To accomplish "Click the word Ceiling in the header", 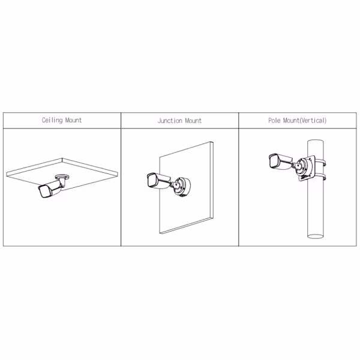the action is (x=52, y=120).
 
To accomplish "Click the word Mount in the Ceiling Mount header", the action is (x=73, y=120).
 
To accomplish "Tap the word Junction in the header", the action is (x=170, y=121).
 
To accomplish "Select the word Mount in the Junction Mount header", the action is (x=193, y=121).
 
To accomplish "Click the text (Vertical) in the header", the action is (x=313, y=121).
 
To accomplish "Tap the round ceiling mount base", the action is (x=62, y=176).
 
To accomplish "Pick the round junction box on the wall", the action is (x=182, y=187).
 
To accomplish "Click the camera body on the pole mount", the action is (x=280, y=161).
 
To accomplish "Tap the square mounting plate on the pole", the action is (x=307, y=168).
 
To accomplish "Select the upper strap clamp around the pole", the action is (x=321, y=162).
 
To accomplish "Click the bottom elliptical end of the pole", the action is (x=316, y=236).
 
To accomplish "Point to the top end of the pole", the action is (x=316, y=140).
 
